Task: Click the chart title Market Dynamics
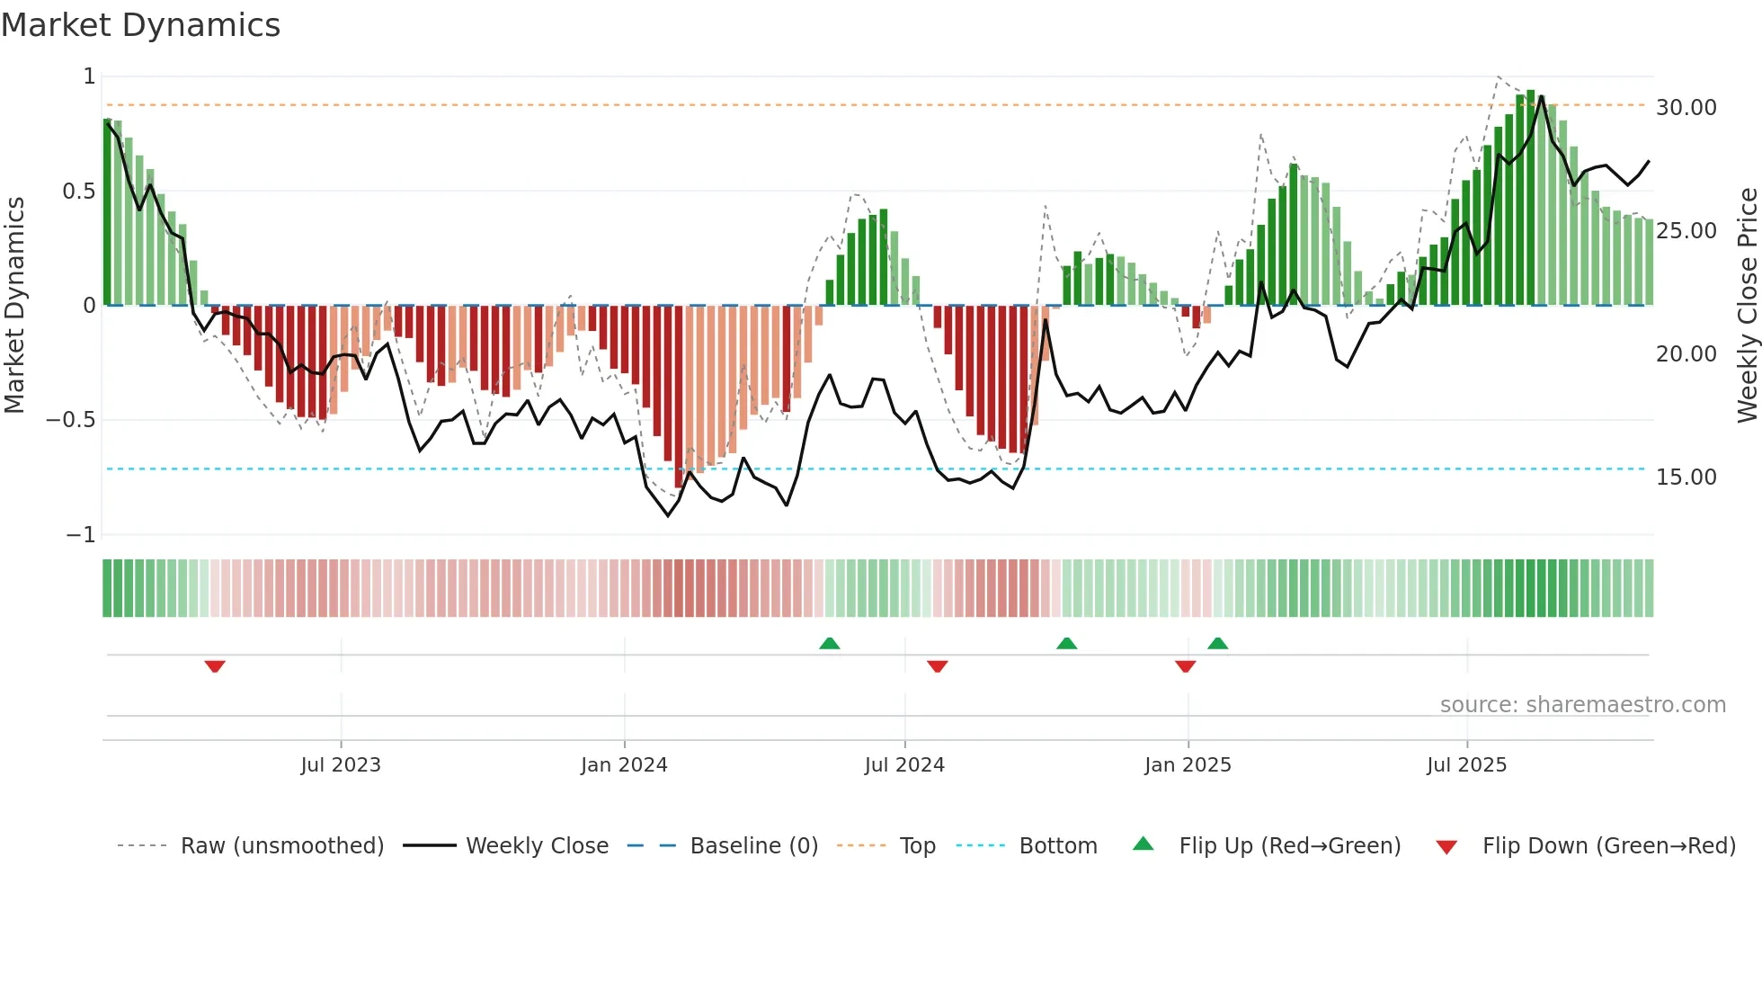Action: tap(140, 25)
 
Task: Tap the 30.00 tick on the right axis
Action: tap(1686, 108)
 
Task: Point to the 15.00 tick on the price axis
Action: tap(1686, 478)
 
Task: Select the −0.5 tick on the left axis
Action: tap(70, 420)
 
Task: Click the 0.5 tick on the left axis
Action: tap(78, 192)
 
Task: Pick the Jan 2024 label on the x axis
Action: tap(624, 765)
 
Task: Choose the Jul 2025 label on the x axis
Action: tap(1466, 765)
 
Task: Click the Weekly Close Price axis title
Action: tap(1747, 305)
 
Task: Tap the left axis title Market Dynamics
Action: tap(14, 305)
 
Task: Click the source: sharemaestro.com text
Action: tap(1582, 705)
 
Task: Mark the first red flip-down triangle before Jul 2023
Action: tap(215, 666)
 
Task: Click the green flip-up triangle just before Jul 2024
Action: tap(830, 644)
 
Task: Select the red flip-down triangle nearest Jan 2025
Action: tap(1185, 666)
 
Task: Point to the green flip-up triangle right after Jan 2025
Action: tap(1218, 644)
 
